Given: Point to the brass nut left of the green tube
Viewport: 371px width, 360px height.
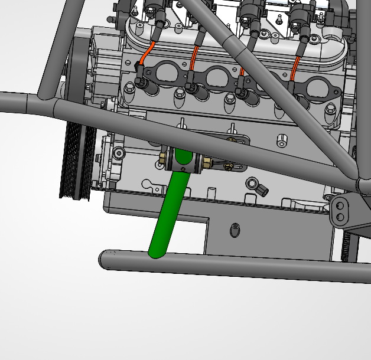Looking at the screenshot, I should [162, 159].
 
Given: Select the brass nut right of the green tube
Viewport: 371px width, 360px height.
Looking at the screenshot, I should [208, 162].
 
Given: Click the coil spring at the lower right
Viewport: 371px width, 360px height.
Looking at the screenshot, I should [347, 244].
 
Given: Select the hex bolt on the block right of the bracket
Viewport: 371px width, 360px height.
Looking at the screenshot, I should [282, 141].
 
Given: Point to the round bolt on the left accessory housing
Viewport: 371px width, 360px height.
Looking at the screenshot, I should [119, 153].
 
